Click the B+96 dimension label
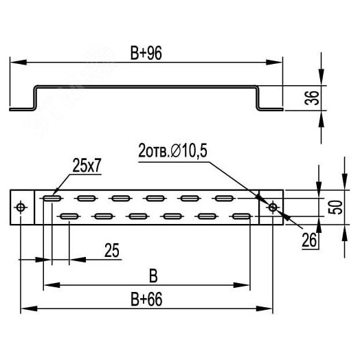146,53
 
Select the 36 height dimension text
312,98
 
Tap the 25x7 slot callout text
87,166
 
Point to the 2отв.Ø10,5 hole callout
172,150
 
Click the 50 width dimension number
335,207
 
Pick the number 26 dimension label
309,240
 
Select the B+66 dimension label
146,299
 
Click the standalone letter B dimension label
153,276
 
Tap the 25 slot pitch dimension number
112,250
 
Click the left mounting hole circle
21,207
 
